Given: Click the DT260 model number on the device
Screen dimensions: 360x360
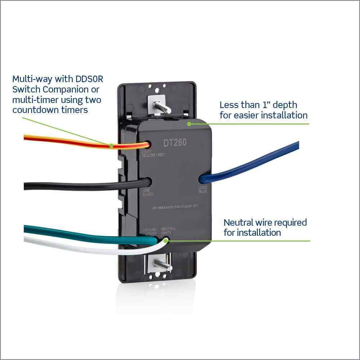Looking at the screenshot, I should (x=175, y=143).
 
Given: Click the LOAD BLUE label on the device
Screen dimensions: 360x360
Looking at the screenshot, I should (x=203, y=189).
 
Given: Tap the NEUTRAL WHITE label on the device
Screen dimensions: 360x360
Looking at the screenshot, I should (x=168, y=231).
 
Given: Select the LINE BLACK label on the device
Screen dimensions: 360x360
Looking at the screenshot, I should (x=148, y=192).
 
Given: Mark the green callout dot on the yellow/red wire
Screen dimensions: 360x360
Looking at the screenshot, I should (x=112, y=146).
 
